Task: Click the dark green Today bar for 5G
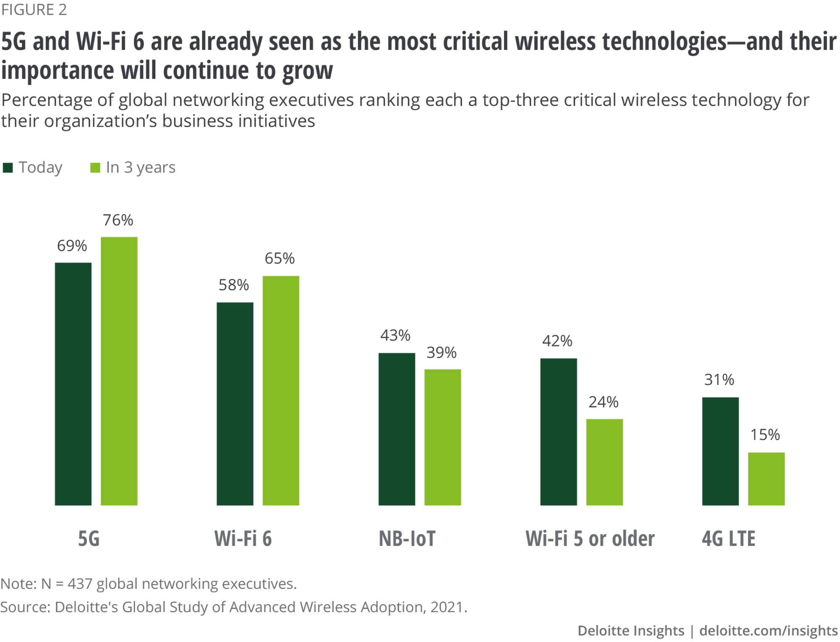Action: pos(73,384)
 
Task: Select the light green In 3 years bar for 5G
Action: pos(119,371)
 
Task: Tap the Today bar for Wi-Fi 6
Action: pos(235,404)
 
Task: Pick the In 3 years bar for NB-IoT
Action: pos(443,437)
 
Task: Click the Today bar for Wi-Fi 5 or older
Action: pos(559,432)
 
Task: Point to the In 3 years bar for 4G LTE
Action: pos(766,479)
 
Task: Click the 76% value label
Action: pos(118,220)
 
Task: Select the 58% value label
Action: pos(234,285)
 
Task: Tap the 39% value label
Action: pos(441,353)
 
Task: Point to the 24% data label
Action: pos(603,402)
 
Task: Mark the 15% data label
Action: pos(765,435)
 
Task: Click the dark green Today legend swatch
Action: pos(8,168)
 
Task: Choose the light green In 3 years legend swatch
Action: pos(95,168)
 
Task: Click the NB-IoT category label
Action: pos(407,539)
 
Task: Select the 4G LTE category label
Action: pos(728,539)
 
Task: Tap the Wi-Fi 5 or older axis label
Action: pos(590,539)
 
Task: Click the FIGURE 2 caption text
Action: pos(34,10)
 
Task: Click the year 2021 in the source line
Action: pos(446,607)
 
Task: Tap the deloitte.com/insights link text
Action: pos(768,631)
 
